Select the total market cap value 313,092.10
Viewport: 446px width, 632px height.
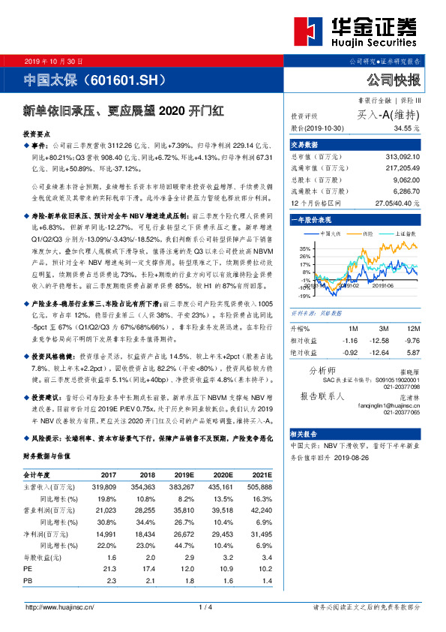click(x=400, y=157)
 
